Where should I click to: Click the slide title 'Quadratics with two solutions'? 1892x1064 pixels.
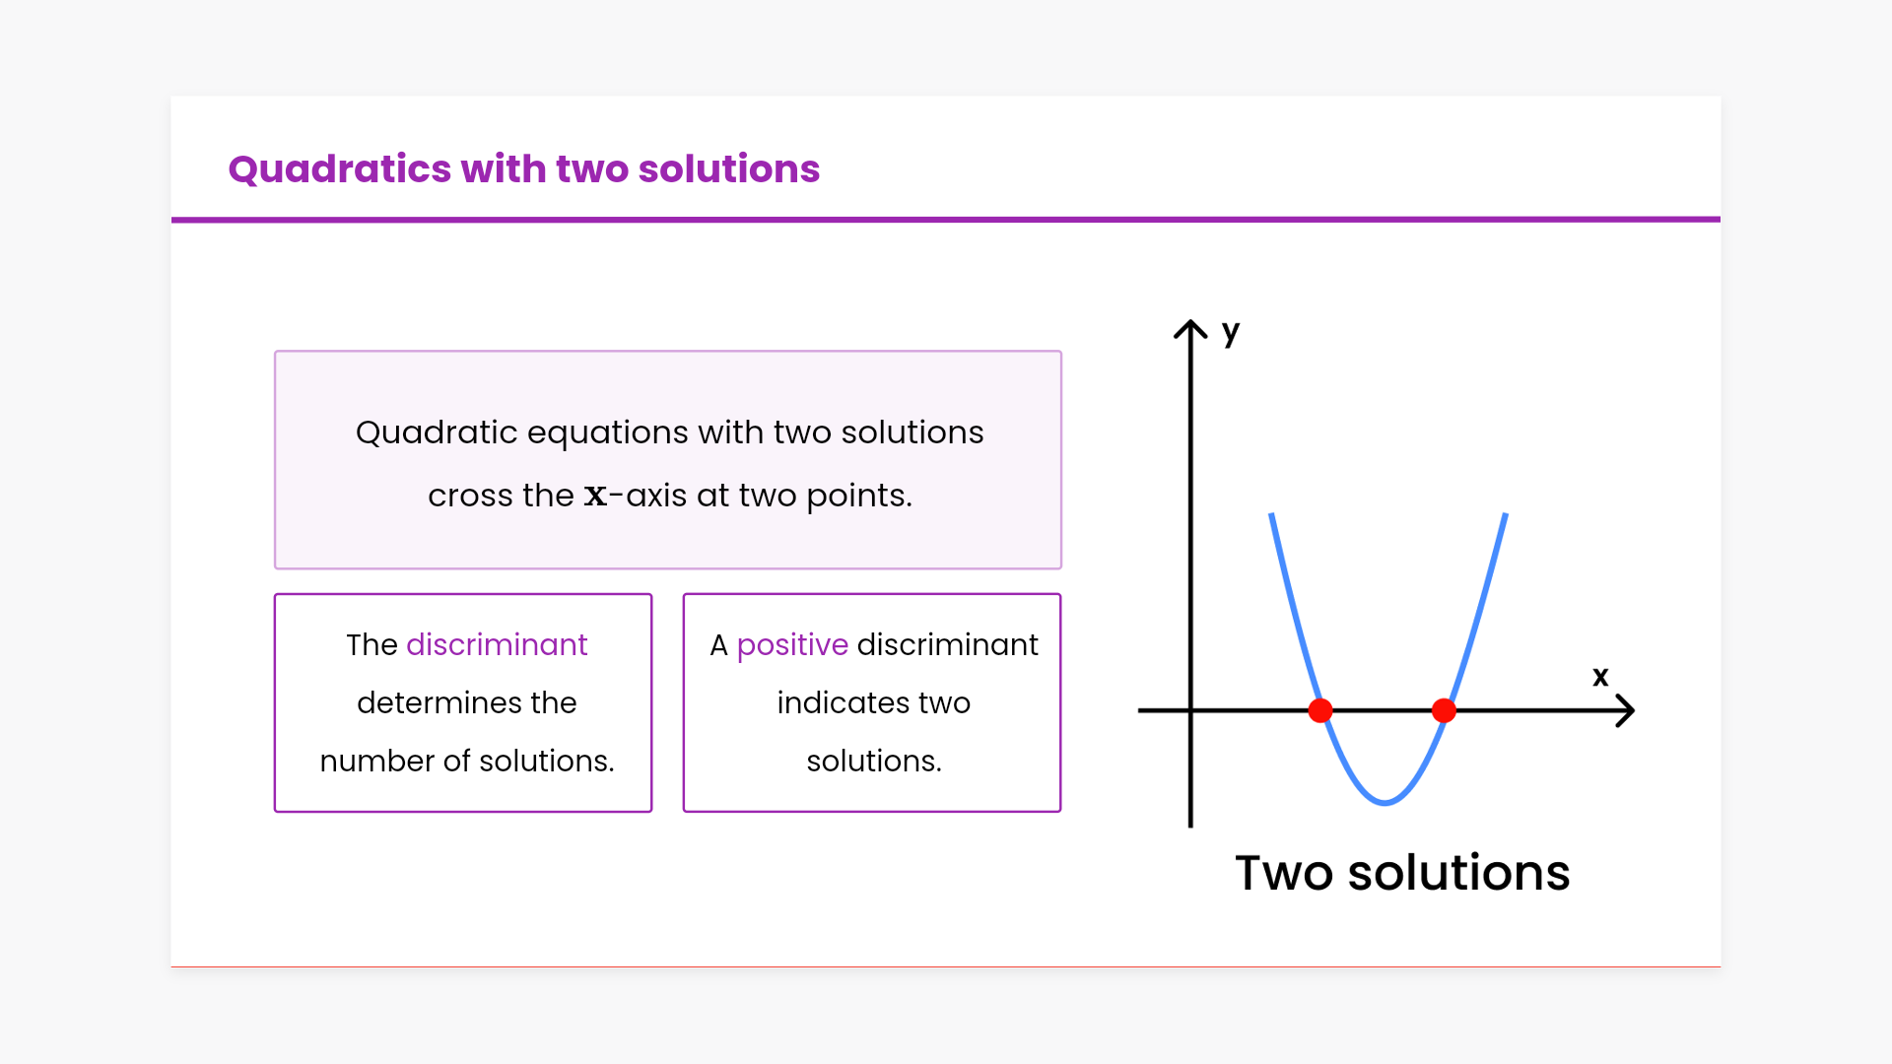pyautogui.click(x=523, y=169)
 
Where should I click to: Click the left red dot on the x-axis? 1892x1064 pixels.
pyautogui.click(x=1320, y=710)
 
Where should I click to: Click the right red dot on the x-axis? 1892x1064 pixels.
pyautogui.click(x=1444, y=710)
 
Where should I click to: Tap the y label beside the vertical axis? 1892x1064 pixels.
pyautogui.click(x=1231, y=332)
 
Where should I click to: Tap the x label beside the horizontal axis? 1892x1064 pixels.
pyautogui.click(x=1600, y=676)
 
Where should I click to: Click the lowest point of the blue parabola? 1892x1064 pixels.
pyautogui.click(x=1385, y=803)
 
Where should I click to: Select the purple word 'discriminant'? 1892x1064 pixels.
pyautogui.click(x=497, y=644)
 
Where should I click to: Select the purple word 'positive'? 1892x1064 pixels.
pyautogui.click(x=792, y=646)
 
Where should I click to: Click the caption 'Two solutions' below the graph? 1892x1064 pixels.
pyautogui.click(x=1402, y=873)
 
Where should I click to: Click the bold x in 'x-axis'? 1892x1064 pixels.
pyautogui.click(x=595, y=496)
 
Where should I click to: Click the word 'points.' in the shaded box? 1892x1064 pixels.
pyautogui.click(x=859, y=497)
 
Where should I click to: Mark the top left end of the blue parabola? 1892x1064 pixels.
pyautogui.click(x=1271, y=514)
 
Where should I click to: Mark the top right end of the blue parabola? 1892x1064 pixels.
pyautogui.click(x=1505, y=514)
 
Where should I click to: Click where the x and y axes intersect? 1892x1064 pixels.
pyautogui.click(x=1190, y=710)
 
